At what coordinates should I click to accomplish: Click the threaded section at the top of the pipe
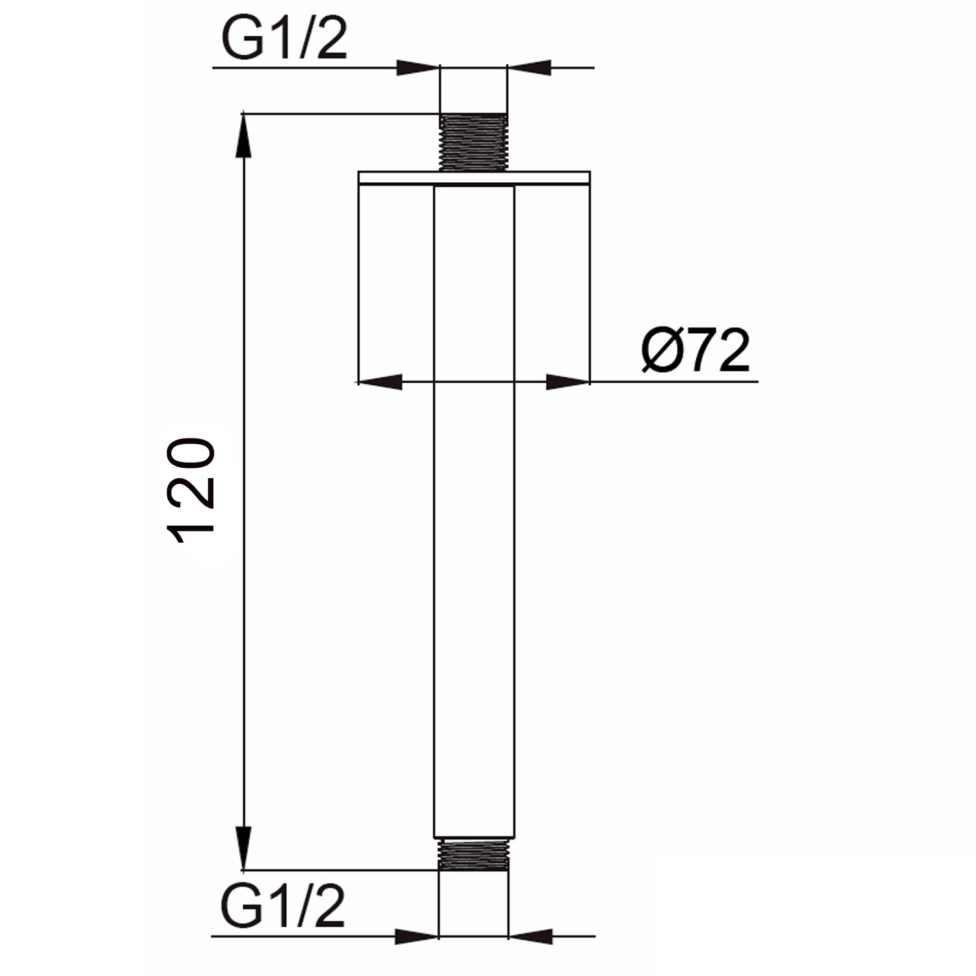coord(473,142)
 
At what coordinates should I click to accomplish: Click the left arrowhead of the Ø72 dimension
coord(381,382)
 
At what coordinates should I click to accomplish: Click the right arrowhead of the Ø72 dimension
coord(567,382)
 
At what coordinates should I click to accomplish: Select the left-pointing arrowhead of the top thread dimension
coord(528,67)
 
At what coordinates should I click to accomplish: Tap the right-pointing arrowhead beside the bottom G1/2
coord(416,937)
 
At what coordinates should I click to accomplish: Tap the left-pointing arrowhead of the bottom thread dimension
coord(528,937)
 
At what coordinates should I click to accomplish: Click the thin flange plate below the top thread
coord(474,178)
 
